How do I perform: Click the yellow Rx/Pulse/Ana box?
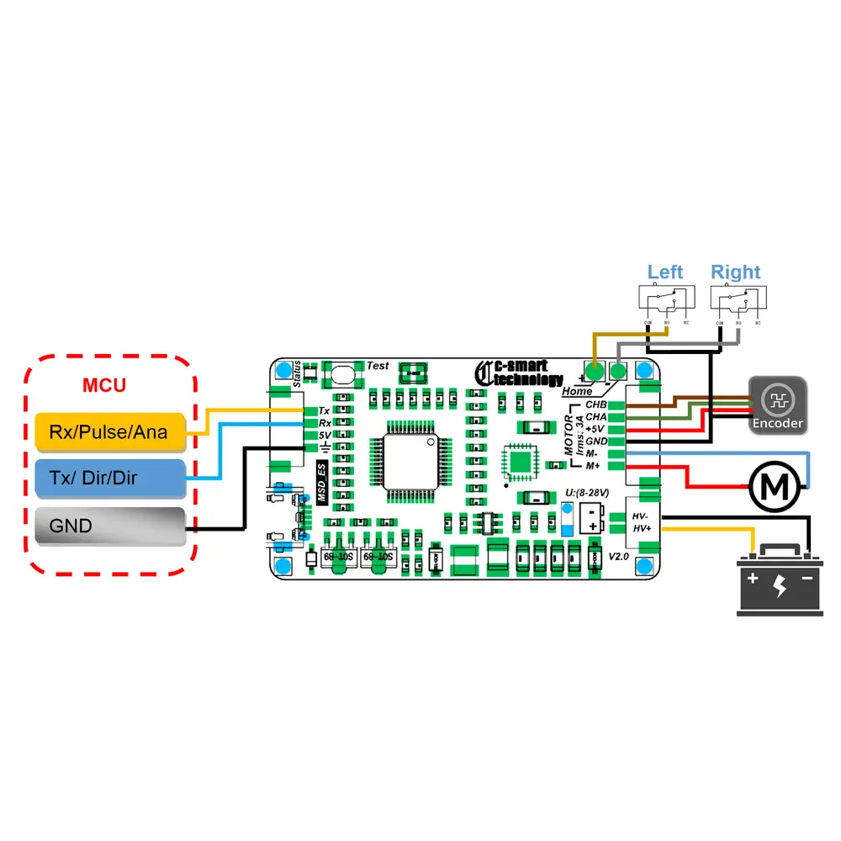[x=109, y=431]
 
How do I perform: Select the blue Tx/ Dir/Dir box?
[x=109, y=478]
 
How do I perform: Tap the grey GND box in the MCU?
[x=109, y=527]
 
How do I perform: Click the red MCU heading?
[x=104, y=386]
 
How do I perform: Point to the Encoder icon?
[x=778, y=405]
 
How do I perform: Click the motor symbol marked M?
[x=773, y=486]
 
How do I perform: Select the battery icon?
[x=780, y=579]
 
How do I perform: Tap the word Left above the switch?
[x=665, y=272]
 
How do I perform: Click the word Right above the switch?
[x=735, y=272]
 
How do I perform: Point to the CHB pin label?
[x=596, y=405]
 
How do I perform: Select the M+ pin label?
[x=593, y=465]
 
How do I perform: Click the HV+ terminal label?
[x=642, y=527]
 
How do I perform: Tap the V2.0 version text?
[x=619, y=556]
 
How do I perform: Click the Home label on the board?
[x=577, y=391]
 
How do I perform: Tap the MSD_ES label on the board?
[x=321, y=483]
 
